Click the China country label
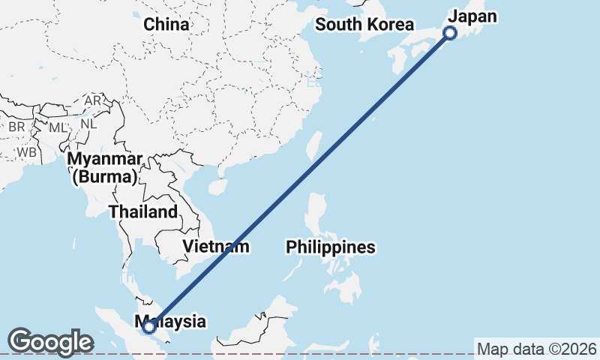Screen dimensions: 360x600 (x=166, y=25)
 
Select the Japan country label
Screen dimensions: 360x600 (x=472, y=16)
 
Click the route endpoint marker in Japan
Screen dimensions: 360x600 (x=450, y=32)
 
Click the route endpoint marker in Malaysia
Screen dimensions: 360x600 (x=149, y=326)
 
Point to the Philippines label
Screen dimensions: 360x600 (x=331, y=247)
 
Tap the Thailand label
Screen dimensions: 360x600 (x=144, y=211)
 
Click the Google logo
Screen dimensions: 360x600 (x=50, y=342)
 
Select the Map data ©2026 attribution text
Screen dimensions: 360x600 (x=537, y=349)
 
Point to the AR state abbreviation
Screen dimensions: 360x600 (x=93, y=100)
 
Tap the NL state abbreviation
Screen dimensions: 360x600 (x=88, y=124)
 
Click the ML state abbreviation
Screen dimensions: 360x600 (x=58, y=127)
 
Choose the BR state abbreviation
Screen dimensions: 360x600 (x=16, y=127)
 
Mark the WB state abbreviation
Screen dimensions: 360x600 (x=28, y=152)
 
